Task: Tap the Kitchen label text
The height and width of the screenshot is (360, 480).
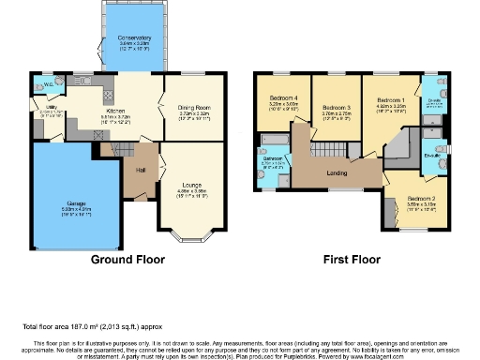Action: (117, 110)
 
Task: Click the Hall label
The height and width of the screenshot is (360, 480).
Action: (139, 170)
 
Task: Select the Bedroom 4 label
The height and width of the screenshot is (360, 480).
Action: (282, 98)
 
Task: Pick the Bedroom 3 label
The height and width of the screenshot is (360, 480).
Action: (335, 108)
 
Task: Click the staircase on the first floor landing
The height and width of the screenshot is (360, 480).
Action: (327, 152)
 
